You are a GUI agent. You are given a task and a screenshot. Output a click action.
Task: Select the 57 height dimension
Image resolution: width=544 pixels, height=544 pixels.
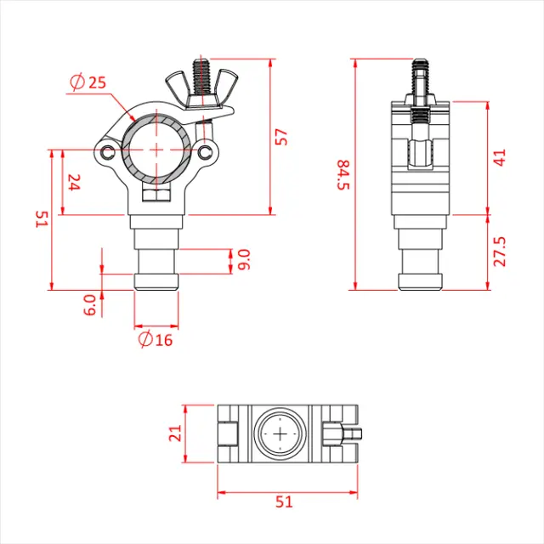point(282,136)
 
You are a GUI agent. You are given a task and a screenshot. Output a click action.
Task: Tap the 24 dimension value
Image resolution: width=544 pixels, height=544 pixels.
point(73,182)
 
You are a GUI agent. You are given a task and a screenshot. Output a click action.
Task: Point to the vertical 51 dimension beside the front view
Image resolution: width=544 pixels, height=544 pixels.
point(40,219)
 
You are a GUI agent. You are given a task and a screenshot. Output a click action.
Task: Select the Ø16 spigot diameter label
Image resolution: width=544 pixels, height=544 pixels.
point(154,340)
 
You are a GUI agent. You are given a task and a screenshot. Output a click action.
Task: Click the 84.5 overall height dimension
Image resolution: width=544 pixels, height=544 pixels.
point(343,174)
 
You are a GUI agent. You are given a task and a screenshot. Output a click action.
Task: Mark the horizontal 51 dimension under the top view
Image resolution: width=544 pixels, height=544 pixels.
point(284,501)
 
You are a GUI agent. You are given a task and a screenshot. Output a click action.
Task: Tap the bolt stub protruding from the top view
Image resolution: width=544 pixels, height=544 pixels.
point(356,433)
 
